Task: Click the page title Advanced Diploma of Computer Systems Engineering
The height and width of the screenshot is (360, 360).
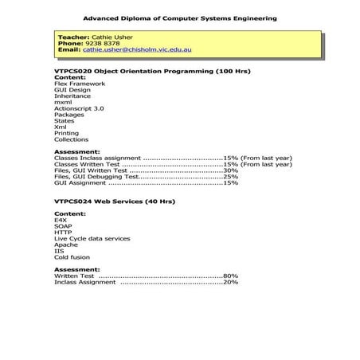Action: tap(180, 16)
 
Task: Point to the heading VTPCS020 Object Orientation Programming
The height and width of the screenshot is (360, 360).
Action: tap(151, 71)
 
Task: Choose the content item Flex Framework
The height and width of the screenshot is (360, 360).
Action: tap(79, 84)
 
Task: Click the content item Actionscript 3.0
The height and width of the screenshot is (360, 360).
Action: tap(79, 108)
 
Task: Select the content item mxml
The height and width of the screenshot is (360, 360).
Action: tap(63, 102)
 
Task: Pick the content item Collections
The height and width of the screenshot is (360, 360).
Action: tap(71, 139)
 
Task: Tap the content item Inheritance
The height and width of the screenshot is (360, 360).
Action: tap(72, 96)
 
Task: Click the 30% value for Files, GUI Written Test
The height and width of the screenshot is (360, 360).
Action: tap(230, 170)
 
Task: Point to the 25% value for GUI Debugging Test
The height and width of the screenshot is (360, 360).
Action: tap(230, 177)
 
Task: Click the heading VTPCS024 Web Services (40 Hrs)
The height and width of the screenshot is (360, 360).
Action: tap(114, 202)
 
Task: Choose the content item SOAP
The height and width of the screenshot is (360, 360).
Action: tap(63, 226)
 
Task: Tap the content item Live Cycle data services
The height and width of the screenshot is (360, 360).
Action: tap(92, 239)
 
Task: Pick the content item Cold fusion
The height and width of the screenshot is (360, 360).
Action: tap(72, 257)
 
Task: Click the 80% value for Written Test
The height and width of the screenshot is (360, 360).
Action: tap(230, 276)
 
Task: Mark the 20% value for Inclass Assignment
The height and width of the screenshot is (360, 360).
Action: tap(230, 282)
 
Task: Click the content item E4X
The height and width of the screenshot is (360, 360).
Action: tap(61, 220)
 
